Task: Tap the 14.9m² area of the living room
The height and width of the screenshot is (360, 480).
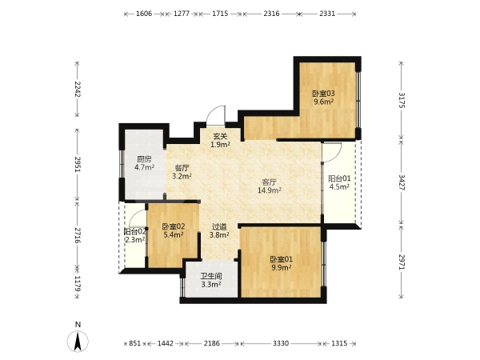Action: (270, 190)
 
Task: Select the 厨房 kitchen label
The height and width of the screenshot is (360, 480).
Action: (144, 159)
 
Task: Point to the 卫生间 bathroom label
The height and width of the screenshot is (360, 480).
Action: (211, 276)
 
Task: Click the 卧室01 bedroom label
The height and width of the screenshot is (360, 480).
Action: (282, 259)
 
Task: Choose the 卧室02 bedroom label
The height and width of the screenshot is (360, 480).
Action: (174, 226)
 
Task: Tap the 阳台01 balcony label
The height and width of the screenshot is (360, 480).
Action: (339, 178)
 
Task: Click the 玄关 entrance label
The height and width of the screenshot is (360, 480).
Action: (221, 137)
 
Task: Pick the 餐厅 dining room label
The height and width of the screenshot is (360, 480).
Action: (182, 168)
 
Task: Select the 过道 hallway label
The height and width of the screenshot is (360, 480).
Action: (219, 227)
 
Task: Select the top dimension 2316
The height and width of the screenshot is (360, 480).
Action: (271, 14)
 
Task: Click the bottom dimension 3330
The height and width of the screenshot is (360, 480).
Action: (281, 343)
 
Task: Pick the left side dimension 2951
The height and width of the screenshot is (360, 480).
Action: (77, 164)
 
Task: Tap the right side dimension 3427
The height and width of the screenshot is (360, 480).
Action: (402, 182)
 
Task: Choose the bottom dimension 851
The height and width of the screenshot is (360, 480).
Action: (134, 343)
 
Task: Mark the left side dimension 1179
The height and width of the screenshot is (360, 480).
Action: (77, 284)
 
